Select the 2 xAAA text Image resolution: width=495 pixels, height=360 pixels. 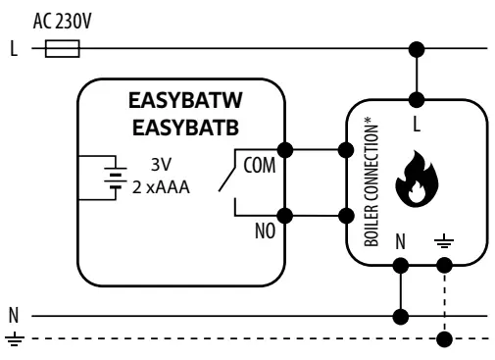coord(162,187)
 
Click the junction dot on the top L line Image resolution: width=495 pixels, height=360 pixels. coord(419,48)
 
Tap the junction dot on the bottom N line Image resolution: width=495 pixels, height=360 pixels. coord(400,317)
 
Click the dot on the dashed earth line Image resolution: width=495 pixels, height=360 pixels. coord(445,340)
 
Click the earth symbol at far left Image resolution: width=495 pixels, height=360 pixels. coord(14,339)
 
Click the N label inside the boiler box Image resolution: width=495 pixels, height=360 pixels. coord(400,238)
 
